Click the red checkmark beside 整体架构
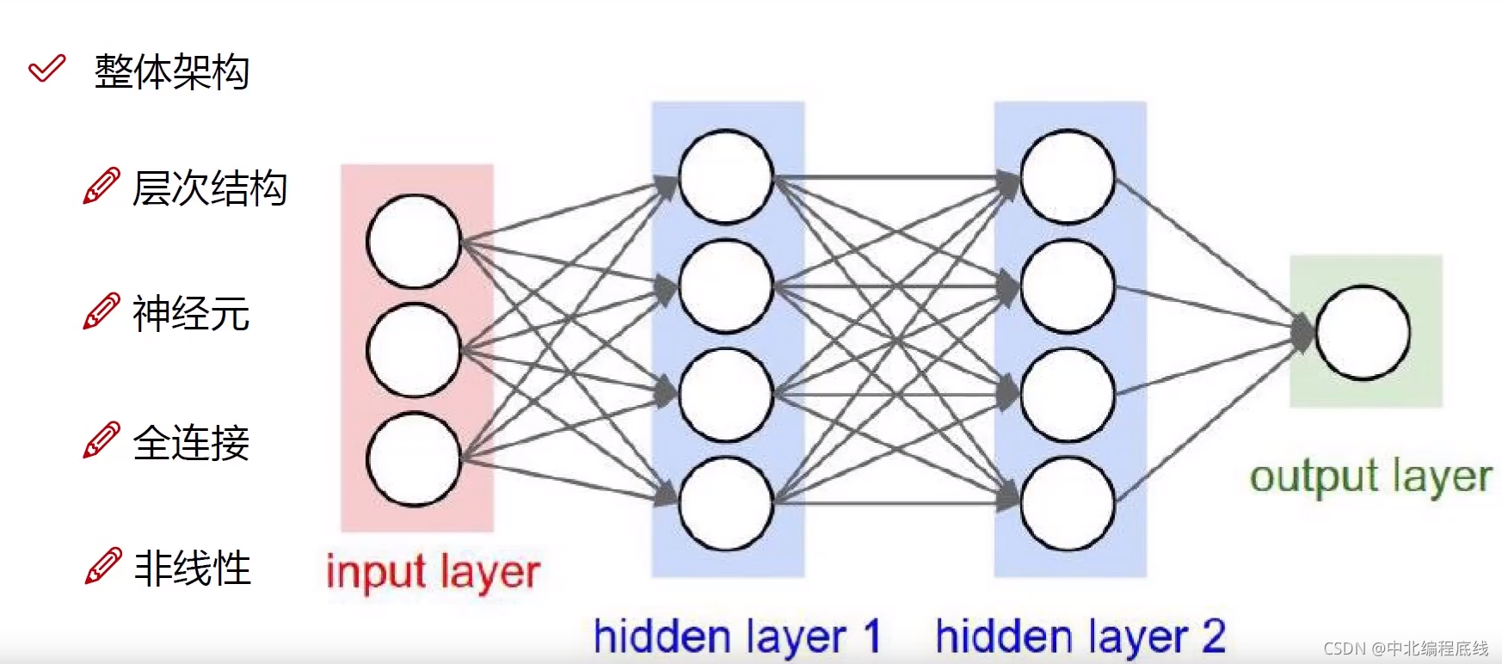46,69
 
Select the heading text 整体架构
172,71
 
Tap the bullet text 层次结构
209,188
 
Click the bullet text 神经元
191,313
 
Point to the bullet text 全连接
191,443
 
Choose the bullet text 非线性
193,569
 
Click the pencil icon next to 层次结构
102,187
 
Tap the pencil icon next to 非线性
102,566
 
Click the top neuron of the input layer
414,241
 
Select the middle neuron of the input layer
414,350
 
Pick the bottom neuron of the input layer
414,459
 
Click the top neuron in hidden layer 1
726,176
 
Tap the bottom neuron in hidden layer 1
726,503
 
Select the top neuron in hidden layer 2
1068,176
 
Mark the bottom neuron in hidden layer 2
1068,503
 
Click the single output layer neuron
1363,333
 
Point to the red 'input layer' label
433,573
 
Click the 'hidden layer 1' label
737,637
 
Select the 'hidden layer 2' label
1080,637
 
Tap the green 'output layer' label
1370,477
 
